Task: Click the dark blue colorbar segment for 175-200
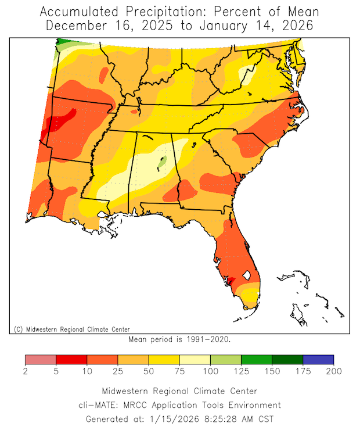point(318,360)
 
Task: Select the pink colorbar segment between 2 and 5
point(41,360)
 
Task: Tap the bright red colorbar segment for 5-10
point(71,360)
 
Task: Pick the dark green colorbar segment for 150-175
point(287,360)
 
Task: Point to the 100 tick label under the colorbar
point(210,371)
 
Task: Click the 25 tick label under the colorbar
point(118,371)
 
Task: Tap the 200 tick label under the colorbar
point(334,371)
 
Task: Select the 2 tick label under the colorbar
point(26,371)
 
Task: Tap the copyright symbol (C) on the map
point(18,329)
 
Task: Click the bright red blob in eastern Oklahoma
point(61,119)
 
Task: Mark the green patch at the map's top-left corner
point(60,44)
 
